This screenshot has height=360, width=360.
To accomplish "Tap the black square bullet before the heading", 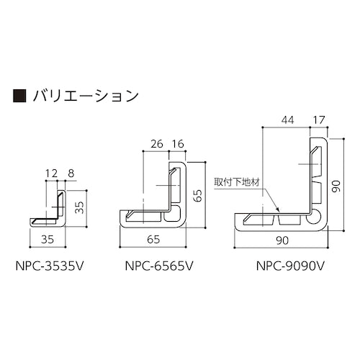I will (20, 94).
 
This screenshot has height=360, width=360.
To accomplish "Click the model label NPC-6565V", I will (154, 266).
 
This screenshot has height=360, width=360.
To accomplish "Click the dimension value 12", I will (50, 173).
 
